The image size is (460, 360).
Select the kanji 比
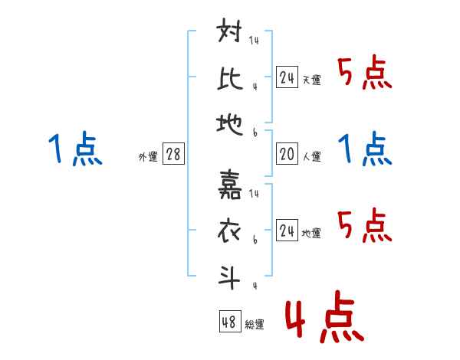[x=229, y=77]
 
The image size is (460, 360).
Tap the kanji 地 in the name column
[x=229, y=120]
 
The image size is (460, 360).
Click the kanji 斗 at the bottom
[x=229, y=274]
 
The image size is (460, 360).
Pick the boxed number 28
[x=173, y=155]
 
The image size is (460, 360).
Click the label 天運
[x=311, y=80]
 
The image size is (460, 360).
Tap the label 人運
[x=311, y=157]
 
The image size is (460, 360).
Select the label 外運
[x=147, y=157]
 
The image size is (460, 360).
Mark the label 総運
[x=255, y=324]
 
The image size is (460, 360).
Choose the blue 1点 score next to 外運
[x=75, y=149]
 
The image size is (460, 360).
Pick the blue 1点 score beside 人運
[x=365, y=149]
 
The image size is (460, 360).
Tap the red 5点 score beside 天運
[x=365, y=74]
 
